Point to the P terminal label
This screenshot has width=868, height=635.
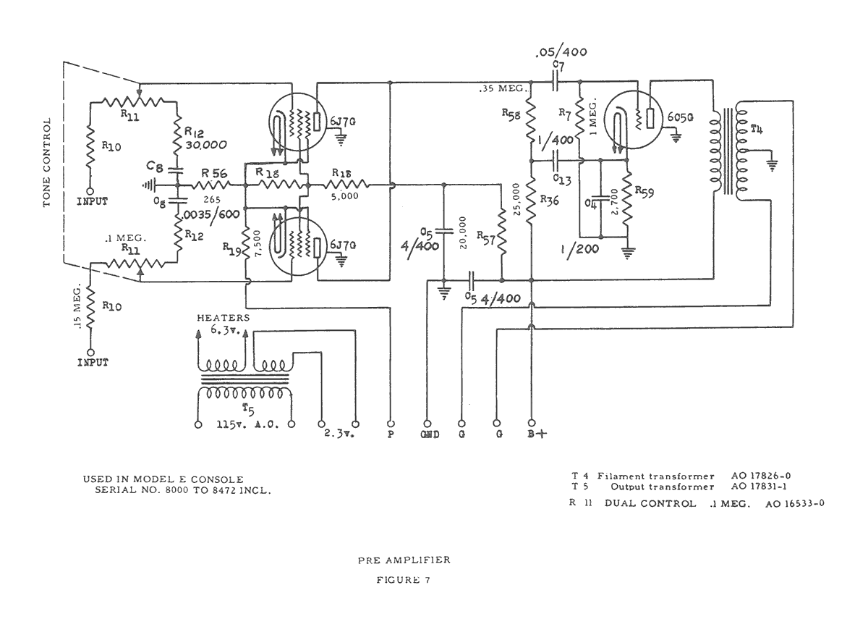(x=391, y=437)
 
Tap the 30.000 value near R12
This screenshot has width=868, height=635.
(x=197, y=144)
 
